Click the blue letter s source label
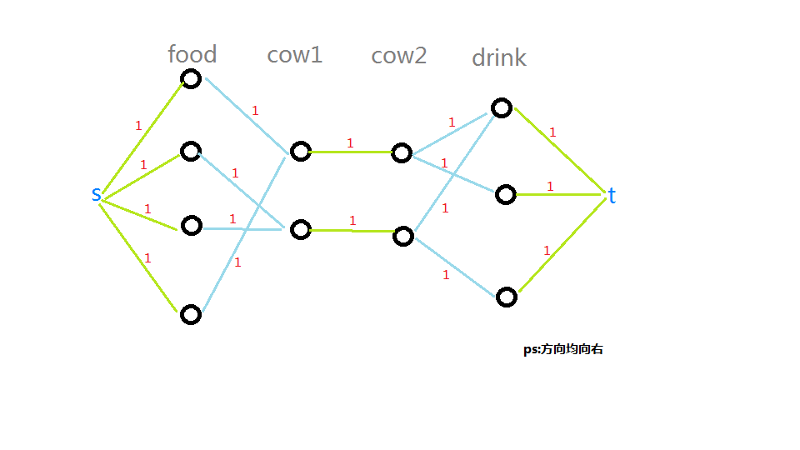click(97, 195)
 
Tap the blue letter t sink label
click(612, 196)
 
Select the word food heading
click(192, 55)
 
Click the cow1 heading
click(294, 55)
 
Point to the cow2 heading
click(398, 56)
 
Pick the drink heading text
click(499, 57)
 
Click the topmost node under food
click(192, 79)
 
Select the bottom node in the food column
click(191, 314)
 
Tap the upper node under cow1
click(300, 152)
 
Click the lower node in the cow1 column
click(300, 230)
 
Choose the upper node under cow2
click(402, 152)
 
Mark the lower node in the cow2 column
click(403, 236)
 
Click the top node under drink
click(501, 107)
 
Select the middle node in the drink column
click(506, 195)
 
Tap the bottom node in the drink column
click(507, 297)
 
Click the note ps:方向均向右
click(562, 350)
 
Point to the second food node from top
click(191, 151)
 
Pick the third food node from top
click(192, 225)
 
